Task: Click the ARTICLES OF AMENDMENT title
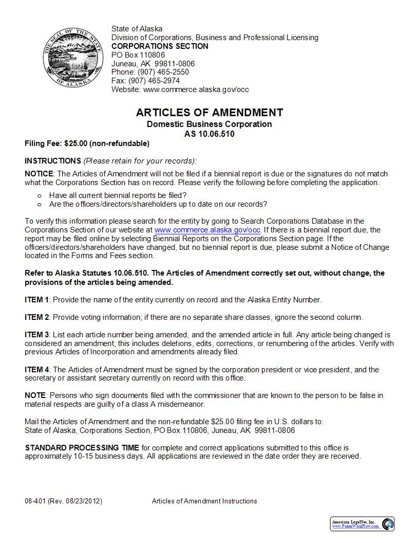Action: pos(209,113)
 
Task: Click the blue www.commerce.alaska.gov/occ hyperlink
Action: pos(207,230)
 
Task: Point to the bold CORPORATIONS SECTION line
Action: pos(160,46)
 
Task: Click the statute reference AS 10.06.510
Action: pos(209,134)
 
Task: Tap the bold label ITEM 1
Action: pos(37,300)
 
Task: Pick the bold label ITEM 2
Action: pos(37,317)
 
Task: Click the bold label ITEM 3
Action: pos(37,335)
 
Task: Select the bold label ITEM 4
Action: pos(37,370)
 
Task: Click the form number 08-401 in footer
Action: pos(35,501)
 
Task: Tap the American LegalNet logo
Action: pos(362,523)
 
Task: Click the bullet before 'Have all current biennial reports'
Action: pos(40,195)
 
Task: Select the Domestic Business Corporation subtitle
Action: pos(209,124)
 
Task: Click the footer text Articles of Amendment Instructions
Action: pos(204,501)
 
